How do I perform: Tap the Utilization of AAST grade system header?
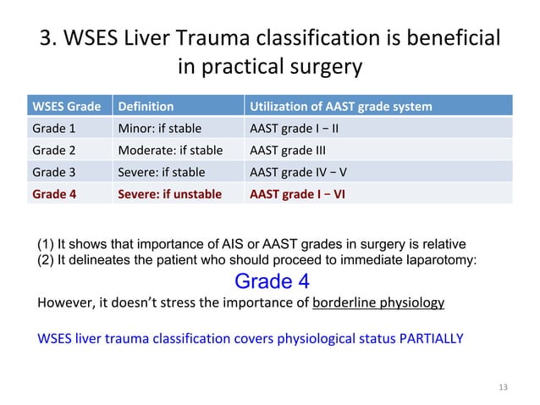339,107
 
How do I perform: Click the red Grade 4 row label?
54,193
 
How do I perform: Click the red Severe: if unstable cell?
169,193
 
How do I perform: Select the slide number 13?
504,387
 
